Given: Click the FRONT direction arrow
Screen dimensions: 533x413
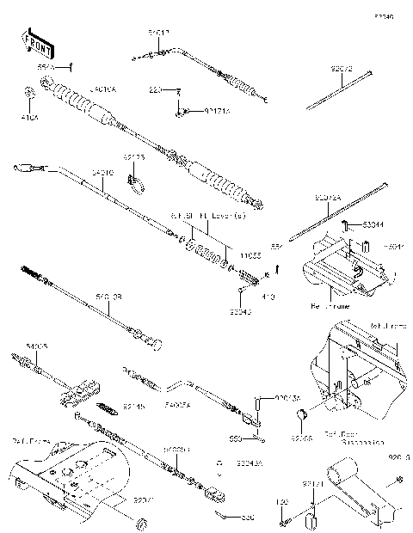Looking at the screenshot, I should [x=35, y=40].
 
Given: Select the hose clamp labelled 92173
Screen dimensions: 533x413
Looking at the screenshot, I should [x=134, y=181].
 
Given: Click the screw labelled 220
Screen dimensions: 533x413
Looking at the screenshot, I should [x=178, y=90].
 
